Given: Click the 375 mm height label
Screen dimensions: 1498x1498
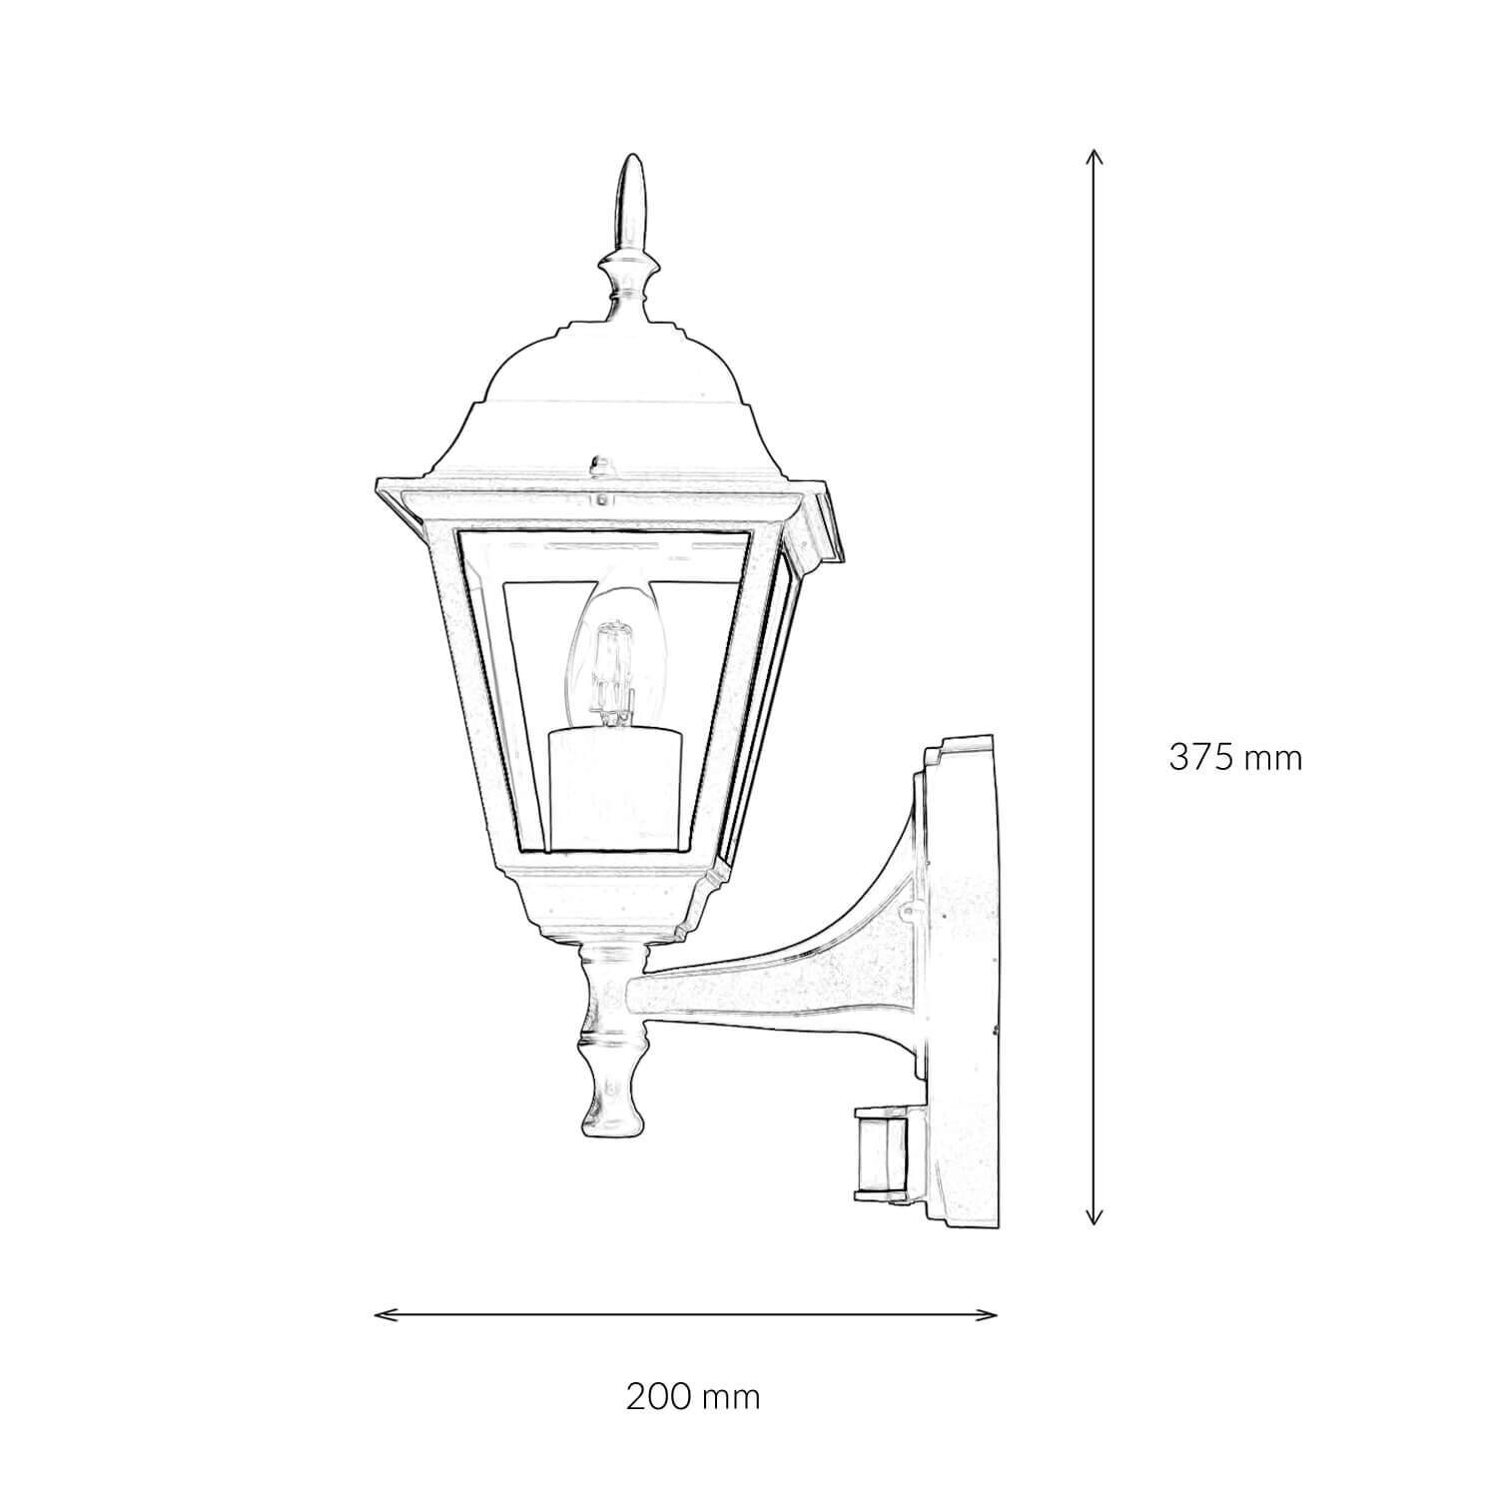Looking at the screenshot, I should [x=1235, y=758].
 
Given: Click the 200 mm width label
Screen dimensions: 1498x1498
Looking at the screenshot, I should [x=693, y=1396].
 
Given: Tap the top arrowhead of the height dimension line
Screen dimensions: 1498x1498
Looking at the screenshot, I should [x=1095, y=156].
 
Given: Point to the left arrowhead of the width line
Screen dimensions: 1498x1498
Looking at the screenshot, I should [x=379, y=1313].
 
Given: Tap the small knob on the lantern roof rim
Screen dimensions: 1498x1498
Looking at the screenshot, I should [x=600, y=466].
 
